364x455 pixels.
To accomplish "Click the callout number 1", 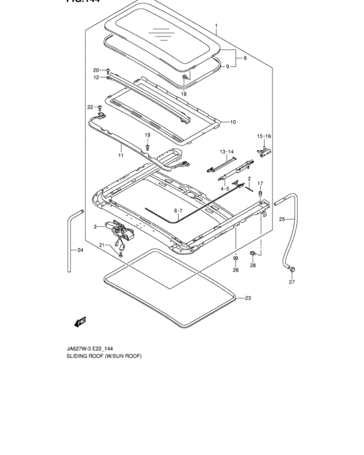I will click(x=216, y=27).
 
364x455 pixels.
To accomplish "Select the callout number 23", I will click(x=248, y=298).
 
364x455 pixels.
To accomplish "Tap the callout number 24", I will click(x=80, y=250).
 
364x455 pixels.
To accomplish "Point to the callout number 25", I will click(x=282, y=220).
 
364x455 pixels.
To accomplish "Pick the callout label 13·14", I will click(x=226, y=151).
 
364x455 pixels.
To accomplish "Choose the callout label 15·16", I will click(x=263, y=136).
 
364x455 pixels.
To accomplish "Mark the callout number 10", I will click(x=233, y=122).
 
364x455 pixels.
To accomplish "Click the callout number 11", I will click(x=120, y=156).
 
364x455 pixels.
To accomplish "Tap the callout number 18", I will click(x=183, y=94).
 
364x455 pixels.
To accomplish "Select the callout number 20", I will click(x=96, y=70).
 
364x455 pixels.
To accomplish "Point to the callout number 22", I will click(x=90, y=107).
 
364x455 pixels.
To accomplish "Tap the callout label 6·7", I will click(x=178, y=211).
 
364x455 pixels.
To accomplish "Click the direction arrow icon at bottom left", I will click(x=81, y=320).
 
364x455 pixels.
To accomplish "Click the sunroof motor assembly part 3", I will click(x=120, y=231).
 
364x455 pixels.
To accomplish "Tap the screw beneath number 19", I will click(x=148, y=147).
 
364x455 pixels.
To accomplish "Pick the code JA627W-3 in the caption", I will click(x=60, y=348).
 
